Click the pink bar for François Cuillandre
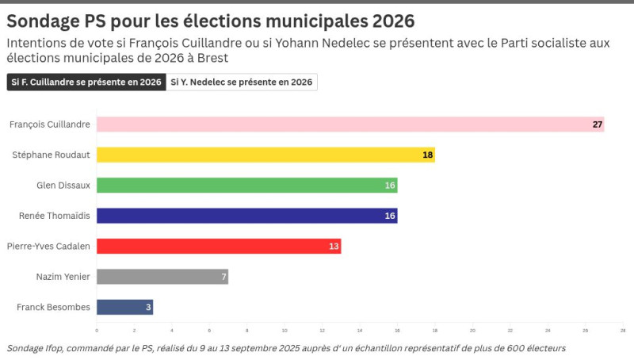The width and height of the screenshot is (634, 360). point(349,124)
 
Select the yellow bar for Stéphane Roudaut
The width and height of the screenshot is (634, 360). point(265,155)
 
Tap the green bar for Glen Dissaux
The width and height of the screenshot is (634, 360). point(246,186)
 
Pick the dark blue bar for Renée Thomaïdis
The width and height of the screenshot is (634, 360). point(246,216)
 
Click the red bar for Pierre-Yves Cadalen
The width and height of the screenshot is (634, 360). point(218,246)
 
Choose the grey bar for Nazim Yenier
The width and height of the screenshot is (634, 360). point(162,277)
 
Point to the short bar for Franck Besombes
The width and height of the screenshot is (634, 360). point(124,307)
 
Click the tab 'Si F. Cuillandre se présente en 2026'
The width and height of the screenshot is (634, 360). point(86,82)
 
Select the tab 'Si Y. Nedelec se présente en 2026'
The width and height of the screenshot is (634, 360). point(242,82)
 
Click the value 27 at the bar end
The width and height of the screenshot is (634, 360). point(598,124)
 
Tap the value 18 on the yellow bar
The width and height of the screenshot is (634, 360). point(428,155)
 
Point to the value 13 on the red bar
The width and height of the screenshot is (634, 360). point(334,247)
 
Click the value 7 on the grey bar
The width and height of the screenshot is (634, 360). point(223,277)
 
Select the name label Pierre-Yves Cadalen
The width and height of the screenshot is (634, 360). point(48,246)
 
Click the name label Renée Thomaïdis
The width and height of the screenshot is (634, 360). point(54,216)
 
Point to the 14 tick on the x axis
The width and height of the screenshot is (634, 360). point(360,331)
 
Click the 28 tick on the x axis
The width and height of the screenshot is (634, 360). point(623,331)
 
